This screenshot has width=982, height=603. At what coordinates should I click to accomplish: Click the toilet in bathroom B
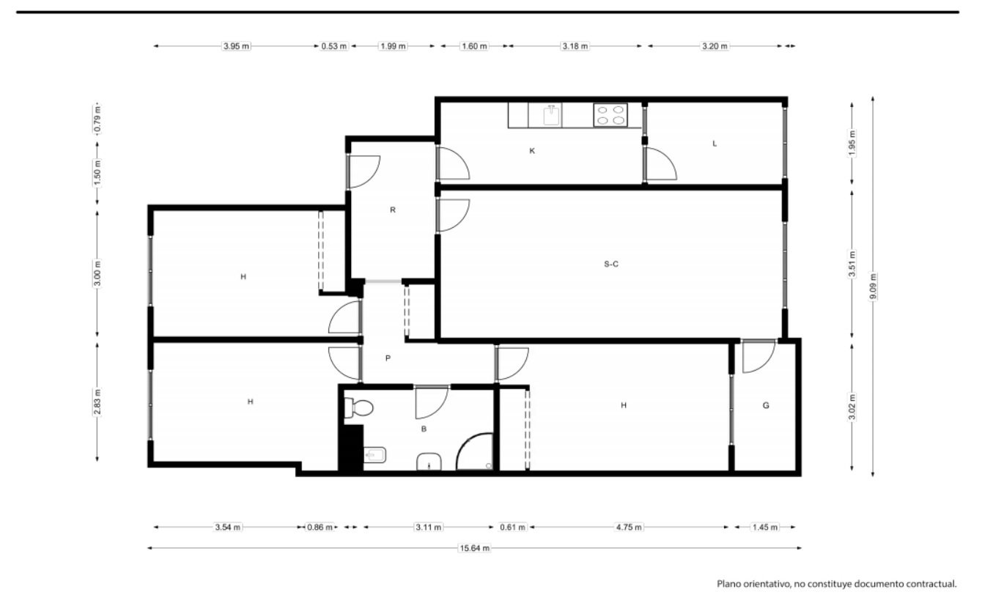[358, 408]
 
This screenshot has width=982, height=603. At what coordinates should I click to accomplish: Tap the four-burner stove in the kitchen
[610, 115]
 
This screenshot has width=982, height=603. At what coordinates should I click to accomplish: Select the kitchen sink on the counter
[551, 115]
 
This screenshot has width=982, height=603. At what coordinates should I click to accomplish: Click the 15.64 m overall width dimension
[474, 548]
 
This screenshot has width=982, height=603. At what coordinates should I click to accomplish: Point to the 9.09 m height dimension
[873, 286]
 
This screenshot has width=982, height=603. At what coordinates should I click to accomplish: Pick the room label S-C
[611, 264]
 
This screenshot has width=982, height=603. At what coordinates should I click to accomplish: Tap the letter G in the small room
[766, 405]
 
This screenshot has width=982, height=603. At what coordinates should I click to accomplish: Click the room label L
[715, 144]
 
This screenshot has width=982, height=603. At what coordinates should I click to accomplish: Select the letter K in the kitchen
[532, 151]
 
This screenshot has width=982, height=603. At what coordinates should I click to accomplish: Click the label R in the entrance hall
[393, 210]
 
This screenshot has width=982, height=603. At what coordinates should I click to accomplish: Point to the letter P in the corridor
[388, 358]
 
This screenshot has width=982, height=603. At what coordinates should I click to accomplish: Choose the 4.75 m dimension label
[629, 528]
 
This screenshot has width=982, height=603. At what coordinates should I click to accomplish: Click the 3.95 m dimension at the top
[236, 46]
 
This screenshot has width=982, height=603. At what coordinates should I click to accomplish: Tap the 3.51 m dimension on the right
[852, 264]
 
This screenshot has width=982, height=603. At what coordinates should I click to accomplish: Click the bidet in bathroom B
[374, 455]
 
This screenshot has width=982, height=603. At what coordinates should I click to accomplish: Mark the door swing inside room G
[759, 357]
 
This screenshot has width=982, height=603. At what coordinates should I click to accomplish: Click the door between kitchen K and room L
[660, 164]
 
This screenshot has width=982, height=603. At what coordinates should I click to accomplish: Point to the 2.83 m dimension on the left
[97, 401]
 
